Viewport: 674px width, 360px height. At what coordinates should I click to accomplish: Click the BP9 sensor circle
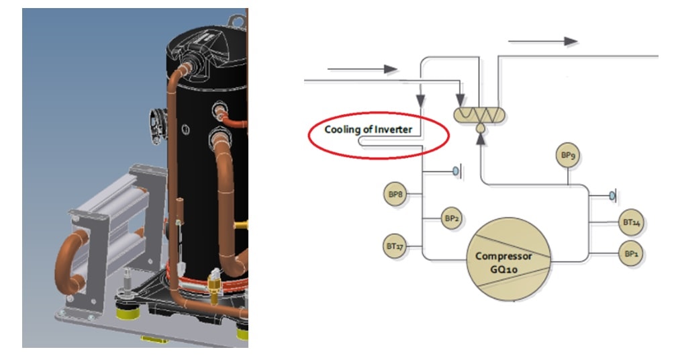pyautogui.click(x=568, y=156)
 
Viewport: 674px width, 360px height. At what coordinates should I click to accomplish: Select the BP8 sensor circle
pyautogui.click(x=395, y=195)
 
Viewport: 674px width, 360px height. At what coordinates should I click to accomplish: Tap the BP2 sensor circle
pyautogui.click(x=451, y=218)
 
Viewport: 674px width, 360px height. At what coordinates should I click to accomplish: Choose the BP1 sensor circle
pyautogui.click(x=630, y=254)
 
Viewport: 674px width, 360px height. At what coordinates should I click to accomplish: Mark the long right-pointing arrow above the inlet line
pyautogui.click(x=362, y=69)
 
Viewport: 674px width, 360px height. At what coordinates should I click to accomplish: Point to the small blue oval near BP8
pyautogui.click(x=455, y=173)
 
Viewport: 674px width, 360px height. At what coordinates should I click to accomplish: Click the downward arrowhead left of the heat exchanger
pyautogui.click(x=421, y=101)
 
